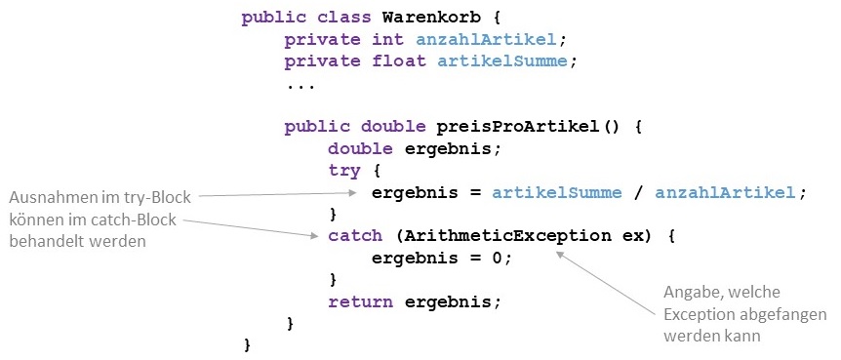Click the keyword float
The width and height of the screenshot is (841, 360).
tap(399, 61)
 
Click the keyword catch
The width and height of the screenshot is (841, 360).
tap(355, 236)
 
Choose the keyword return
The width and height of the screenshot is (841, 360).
tap(361, 301)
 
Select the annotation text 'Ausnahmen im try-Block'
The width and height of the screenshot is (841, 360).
tap(100, 195)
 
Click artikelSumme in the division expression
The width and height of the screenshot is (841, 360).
tap(556, 192)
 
